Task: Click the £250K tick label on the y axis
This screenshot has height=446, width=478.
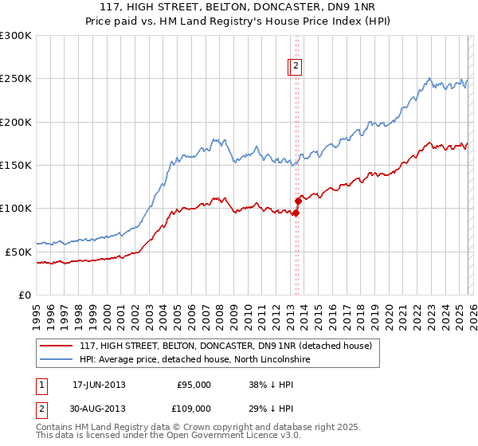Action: tap(15, 79)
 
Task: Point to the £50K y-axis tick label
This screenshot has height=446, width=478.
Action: tap(18, 252)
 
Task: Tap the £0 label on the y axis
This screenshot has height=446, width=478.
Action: tap(24, 295)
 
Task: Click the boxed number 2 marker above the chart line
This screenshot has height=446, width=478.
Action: tap(296, 67)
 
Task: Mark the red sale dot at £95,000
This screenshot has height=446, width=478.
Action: tap(296, 213)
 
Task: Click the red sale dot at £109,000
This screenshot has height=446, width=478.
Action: tap(298, 201)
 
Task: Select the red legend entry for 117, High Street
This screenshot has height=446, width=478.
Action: tap(225, 346)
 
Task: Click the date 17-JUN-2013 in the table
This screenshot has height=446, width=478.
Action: tap(99, 385)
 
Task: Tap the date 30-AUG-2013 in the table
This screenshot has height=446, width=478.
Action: tap(99, 409)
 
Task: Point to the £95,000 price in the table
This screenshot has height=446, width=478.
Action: tap(194, 385)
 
